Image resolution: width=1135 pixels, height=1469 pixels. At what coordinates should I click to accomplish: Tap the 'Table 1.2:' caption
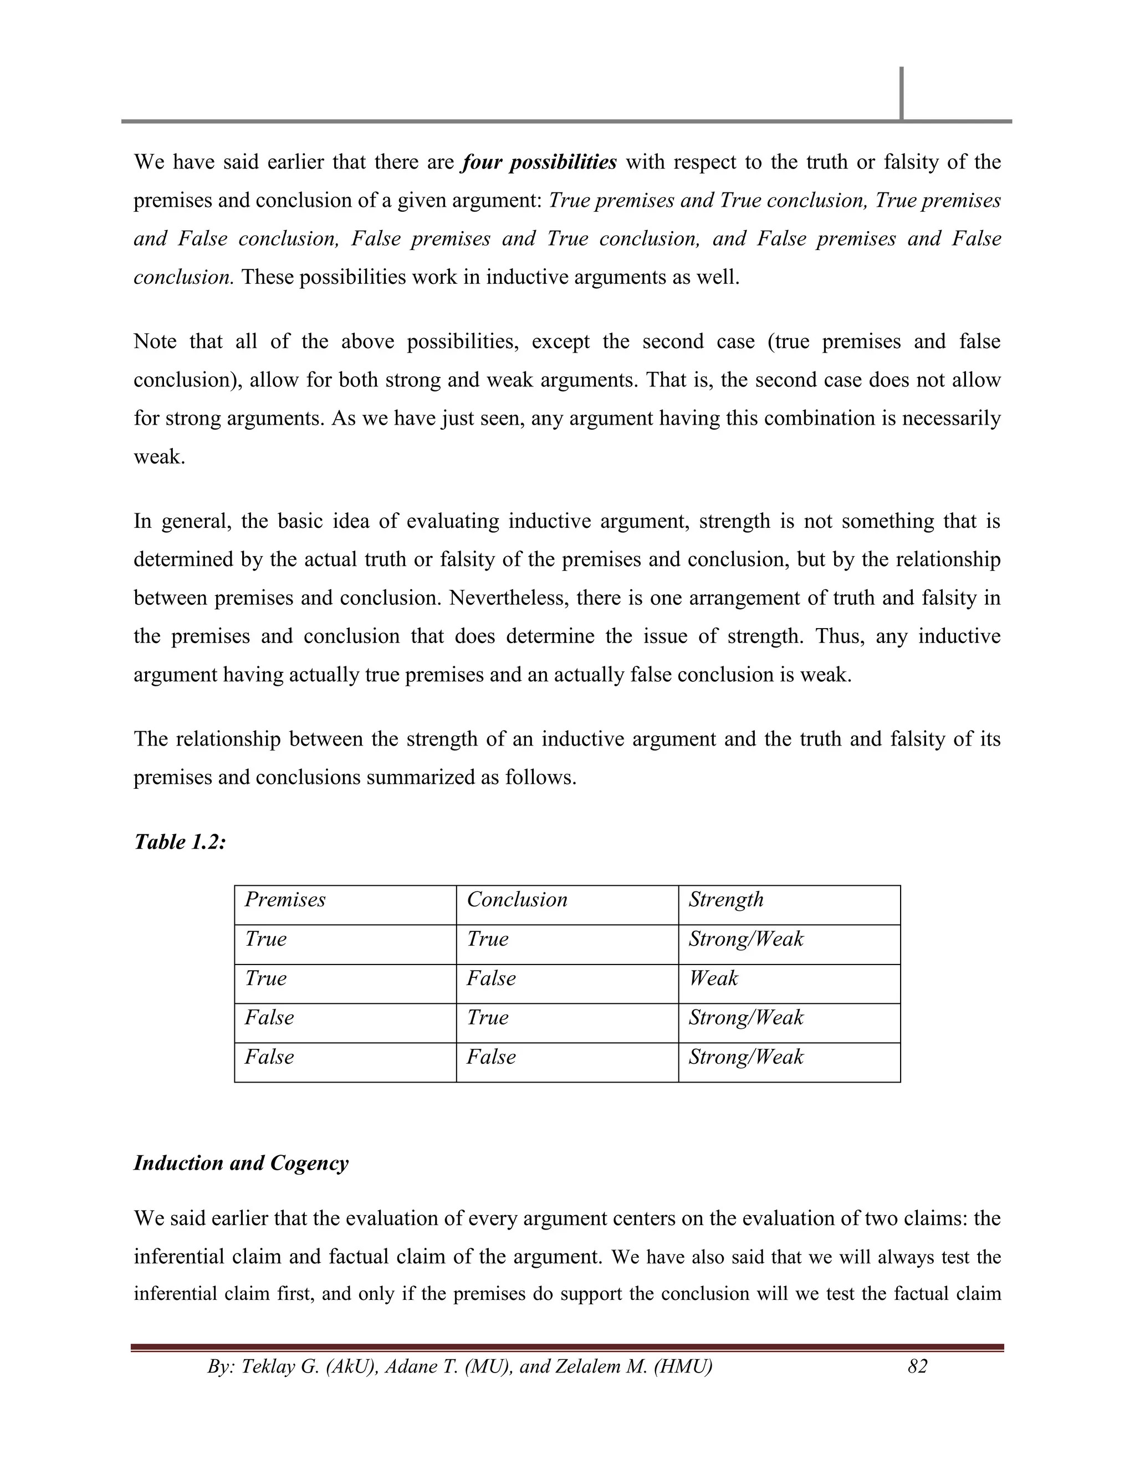pyautogui.click(x=180, y=841)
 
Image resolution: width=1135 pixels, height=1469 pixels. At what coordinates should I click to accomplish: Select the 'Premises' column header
pyautogui.click(x=284, y=900)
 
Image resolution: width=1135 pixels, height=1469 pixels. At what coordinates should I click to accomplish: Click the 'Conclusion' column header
pyautogui.click(x=517, y=900)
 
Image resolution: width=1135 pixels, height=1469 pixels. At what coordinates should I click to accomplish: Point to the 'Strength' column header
pyautogui.click(x=725, y=900)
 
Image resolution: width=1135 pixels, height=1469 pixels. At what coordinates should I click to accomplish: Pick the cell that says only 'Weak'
pyautogui.click(x=713, y=978)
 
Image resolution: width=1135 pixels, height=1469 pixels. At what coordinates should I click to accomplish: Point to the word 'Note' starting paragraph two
pyautogui.click(x=155, y=341)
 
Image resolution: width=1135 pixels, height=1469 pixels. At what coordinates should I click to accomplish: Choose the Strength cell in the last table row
pyautogui.click(x=746, y=1057)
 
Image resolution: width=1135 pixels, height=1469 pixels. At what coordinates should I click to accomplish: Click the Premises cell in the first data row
pyautogui.click(x=265, y=939)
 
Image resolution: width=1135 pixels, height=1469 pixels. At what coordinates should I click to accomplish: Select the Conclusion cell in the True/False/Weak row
pyautogui.click(x=491, y=978)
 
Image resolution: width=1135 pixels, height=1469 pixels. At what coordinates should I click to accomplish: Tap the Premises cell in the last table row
pyautogui.click(x=269, y=1057)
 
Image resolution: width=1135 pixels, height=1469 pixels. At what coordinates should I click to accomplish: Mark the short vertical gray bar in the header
pyautogui.click(x=901, y=93)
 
